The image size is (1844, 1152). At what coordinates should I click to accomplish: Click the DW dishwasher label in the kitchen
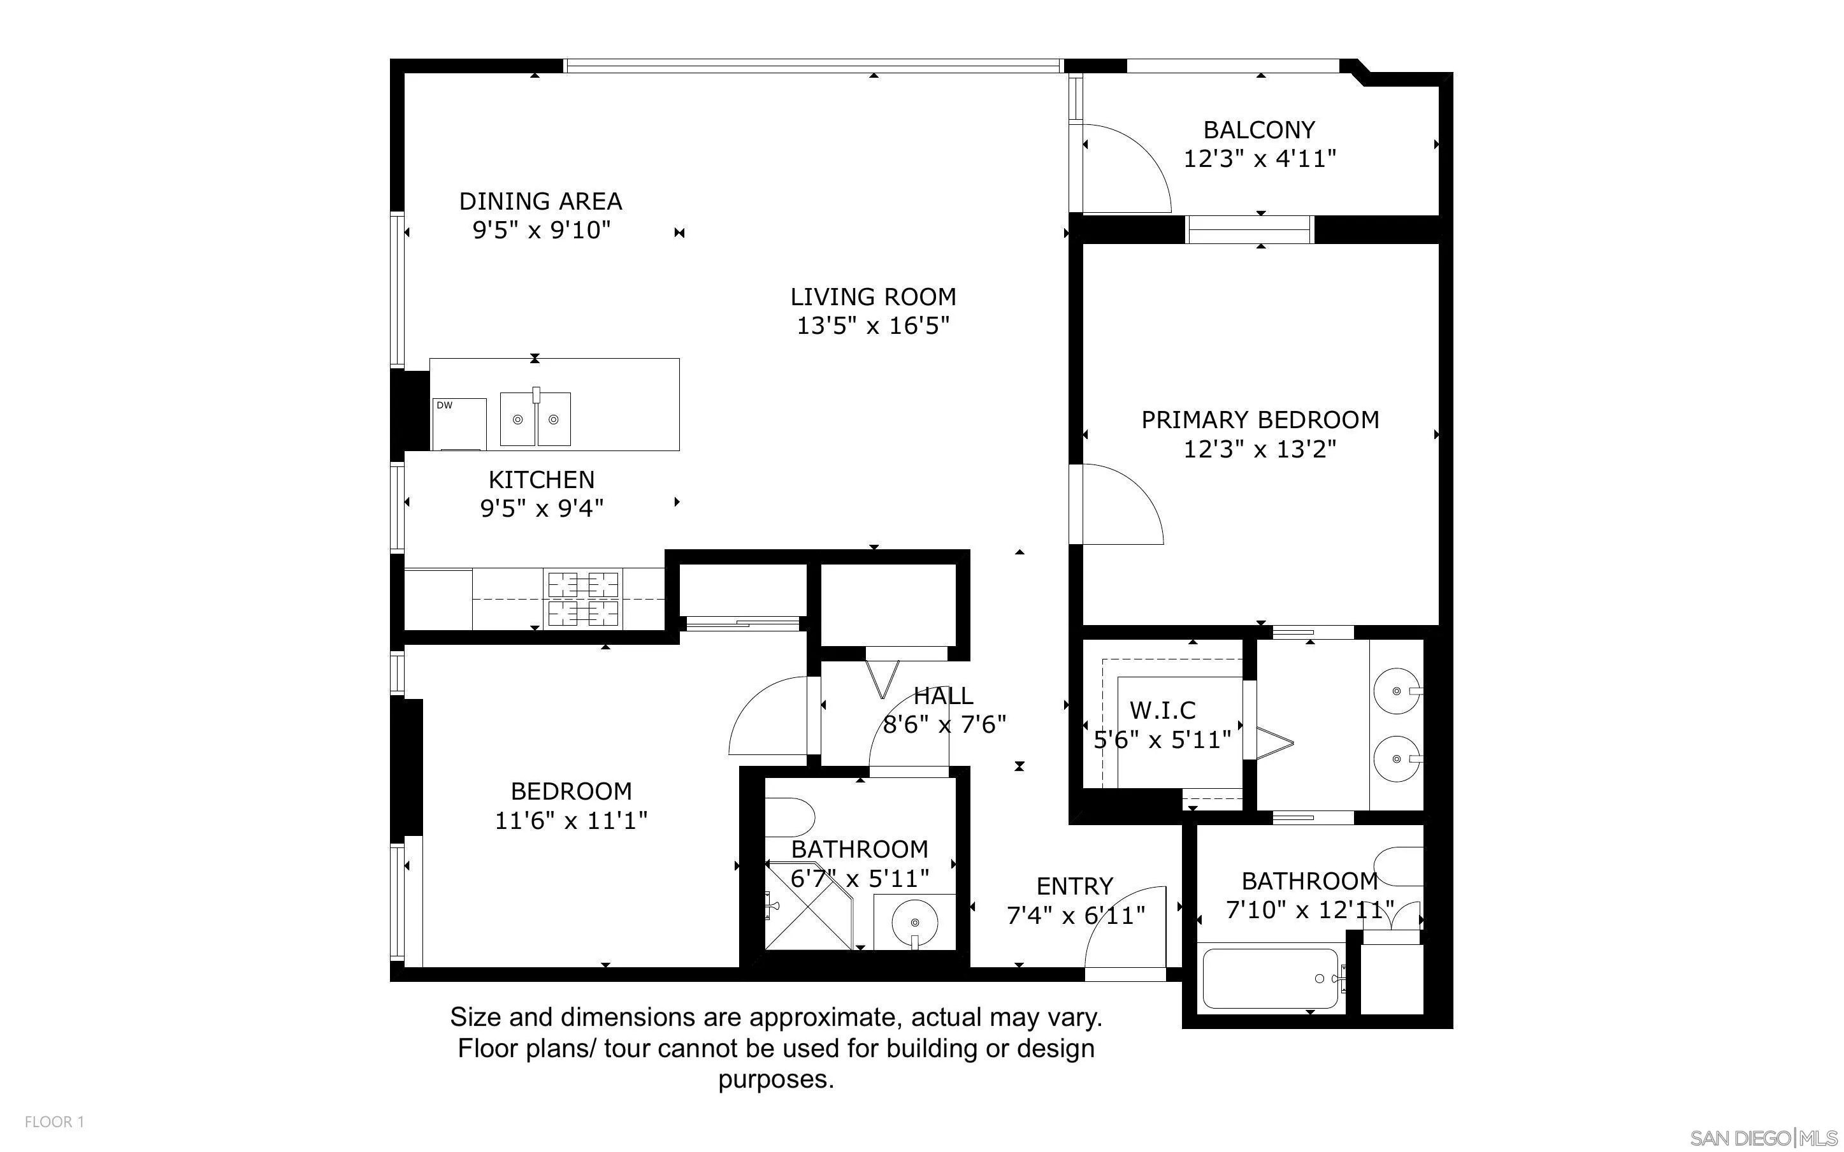coord(445,405)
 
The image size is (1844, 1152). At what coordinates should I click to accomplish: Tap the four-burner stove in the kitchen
coord(584,598)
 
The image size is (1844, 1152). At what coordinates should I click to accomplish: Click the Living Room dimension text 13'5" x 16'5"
coord(873,326)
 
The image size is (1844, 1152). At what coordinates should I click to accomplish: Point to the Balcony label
coord(1259,129)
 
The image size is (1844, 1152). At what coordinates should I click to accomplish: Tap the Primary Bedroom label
coord(1260,420)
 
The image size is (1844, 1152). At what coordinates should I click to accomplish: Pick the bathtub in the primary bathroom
coord(1271,978)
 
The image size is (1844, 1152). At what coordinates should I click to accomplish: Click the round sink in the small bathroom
coord(914,922)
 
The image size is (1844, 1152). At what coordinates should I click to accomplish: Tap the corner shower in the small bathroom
coord(808,906)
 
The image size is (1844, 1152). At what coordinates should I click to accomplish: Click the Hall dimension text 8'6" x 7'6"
coord(944,724)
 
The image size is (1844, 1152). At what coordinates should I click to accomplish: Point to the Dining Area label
coord(541,201)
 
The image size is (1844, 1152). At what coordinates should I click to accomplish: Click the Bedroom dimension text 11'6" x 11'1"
coord(572,821)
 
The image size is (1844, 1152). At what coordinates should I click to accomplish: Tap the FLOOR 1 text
coord(54,1121)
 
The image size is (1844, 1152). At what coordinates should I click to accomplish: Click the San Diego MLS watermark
coord(1762,1138)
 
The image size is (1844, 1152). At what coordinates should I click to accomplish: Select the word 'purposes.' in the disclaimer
coord(776,1079)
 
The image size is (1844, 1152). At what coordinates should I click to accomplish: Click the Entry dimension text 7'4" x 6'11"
coord(1076,915)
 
